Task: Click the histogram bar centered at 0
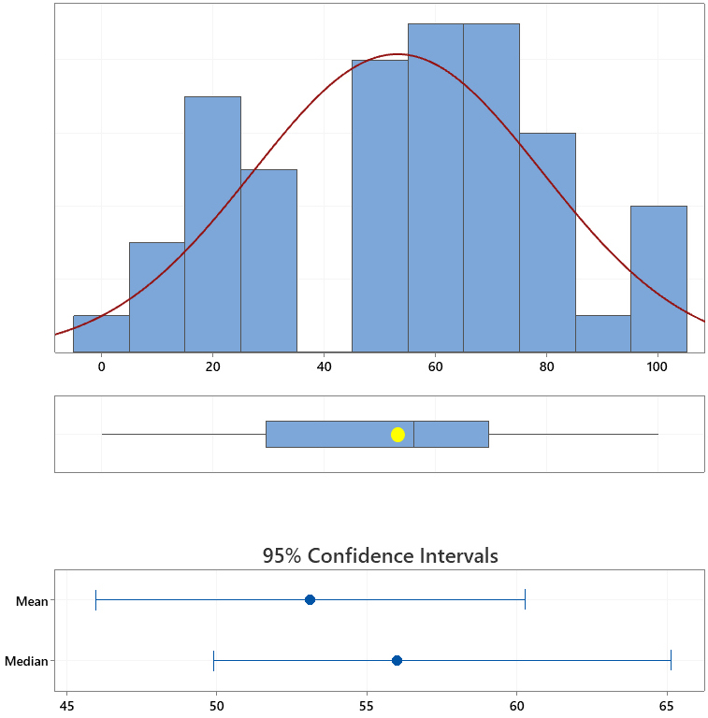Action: click(x=101, y=334)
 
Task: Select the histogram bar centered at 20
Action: click(x=212, y=224)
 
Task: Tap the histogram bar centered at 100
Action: click(x=658, y=279)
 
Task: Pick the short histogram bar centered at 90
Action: click(x=602, y=334)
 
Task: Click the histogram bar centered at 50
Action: click(x=380, y=206)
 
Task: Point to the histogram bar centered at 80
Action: click(x=547, y=242)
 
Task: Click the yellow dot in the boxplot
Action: click(x=397, y=434)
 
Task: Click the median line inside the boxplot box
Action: click(x=413, y=434)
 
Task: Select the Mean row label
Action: click(x=32, y=601)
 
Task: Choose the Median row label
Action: click(x=26, y=662)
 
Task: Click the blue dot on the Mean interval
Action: click(x=310, y=599)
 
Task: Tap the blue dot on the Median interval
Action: click(x=397, y=660)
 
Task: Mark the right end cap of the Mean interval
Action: click(x=525, y=599)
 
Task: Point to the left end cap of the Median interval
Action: click(x=214, y=660)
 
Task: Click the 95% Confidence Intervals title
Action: click(x=380, y=555)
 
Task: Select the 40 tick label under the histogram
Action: click(x=324, y=366)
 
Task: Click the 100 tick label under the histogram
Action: click(x=657, y=366)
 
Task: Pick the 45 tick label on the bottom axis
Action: click(x=65, y=705)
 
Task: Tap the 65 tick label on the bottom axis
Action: click(x=666, y=705)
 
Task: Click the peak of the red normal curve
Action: click(x=397, y=54)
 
